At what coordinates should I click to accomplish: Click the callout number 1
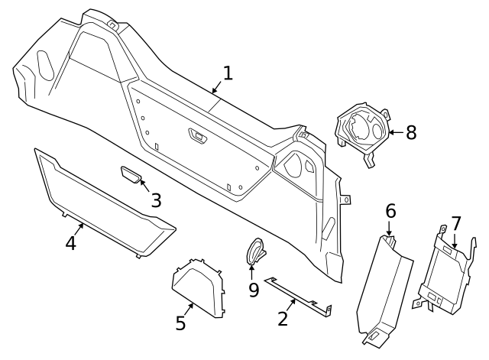(227, 73)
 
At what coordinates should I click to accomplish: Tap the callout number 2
(283, 318)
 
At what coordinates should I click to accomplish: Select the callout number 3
(155, 200)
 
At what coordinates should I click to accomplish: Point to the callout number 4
(70, 244)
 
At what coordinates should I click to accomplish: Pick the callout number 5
(180, 323)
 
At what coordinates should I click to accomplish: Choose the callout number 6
(390, 210)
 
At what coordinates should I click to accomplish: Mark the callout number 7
(456, 224)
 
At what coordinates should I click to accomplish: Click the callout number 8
(411, 132)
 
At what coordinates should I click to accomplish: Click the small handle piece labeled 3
(131, 177)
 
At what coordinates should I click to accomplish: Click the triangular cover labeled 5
(197, 286)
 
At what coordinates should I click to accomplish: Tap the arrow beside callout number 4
(80, 229)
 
